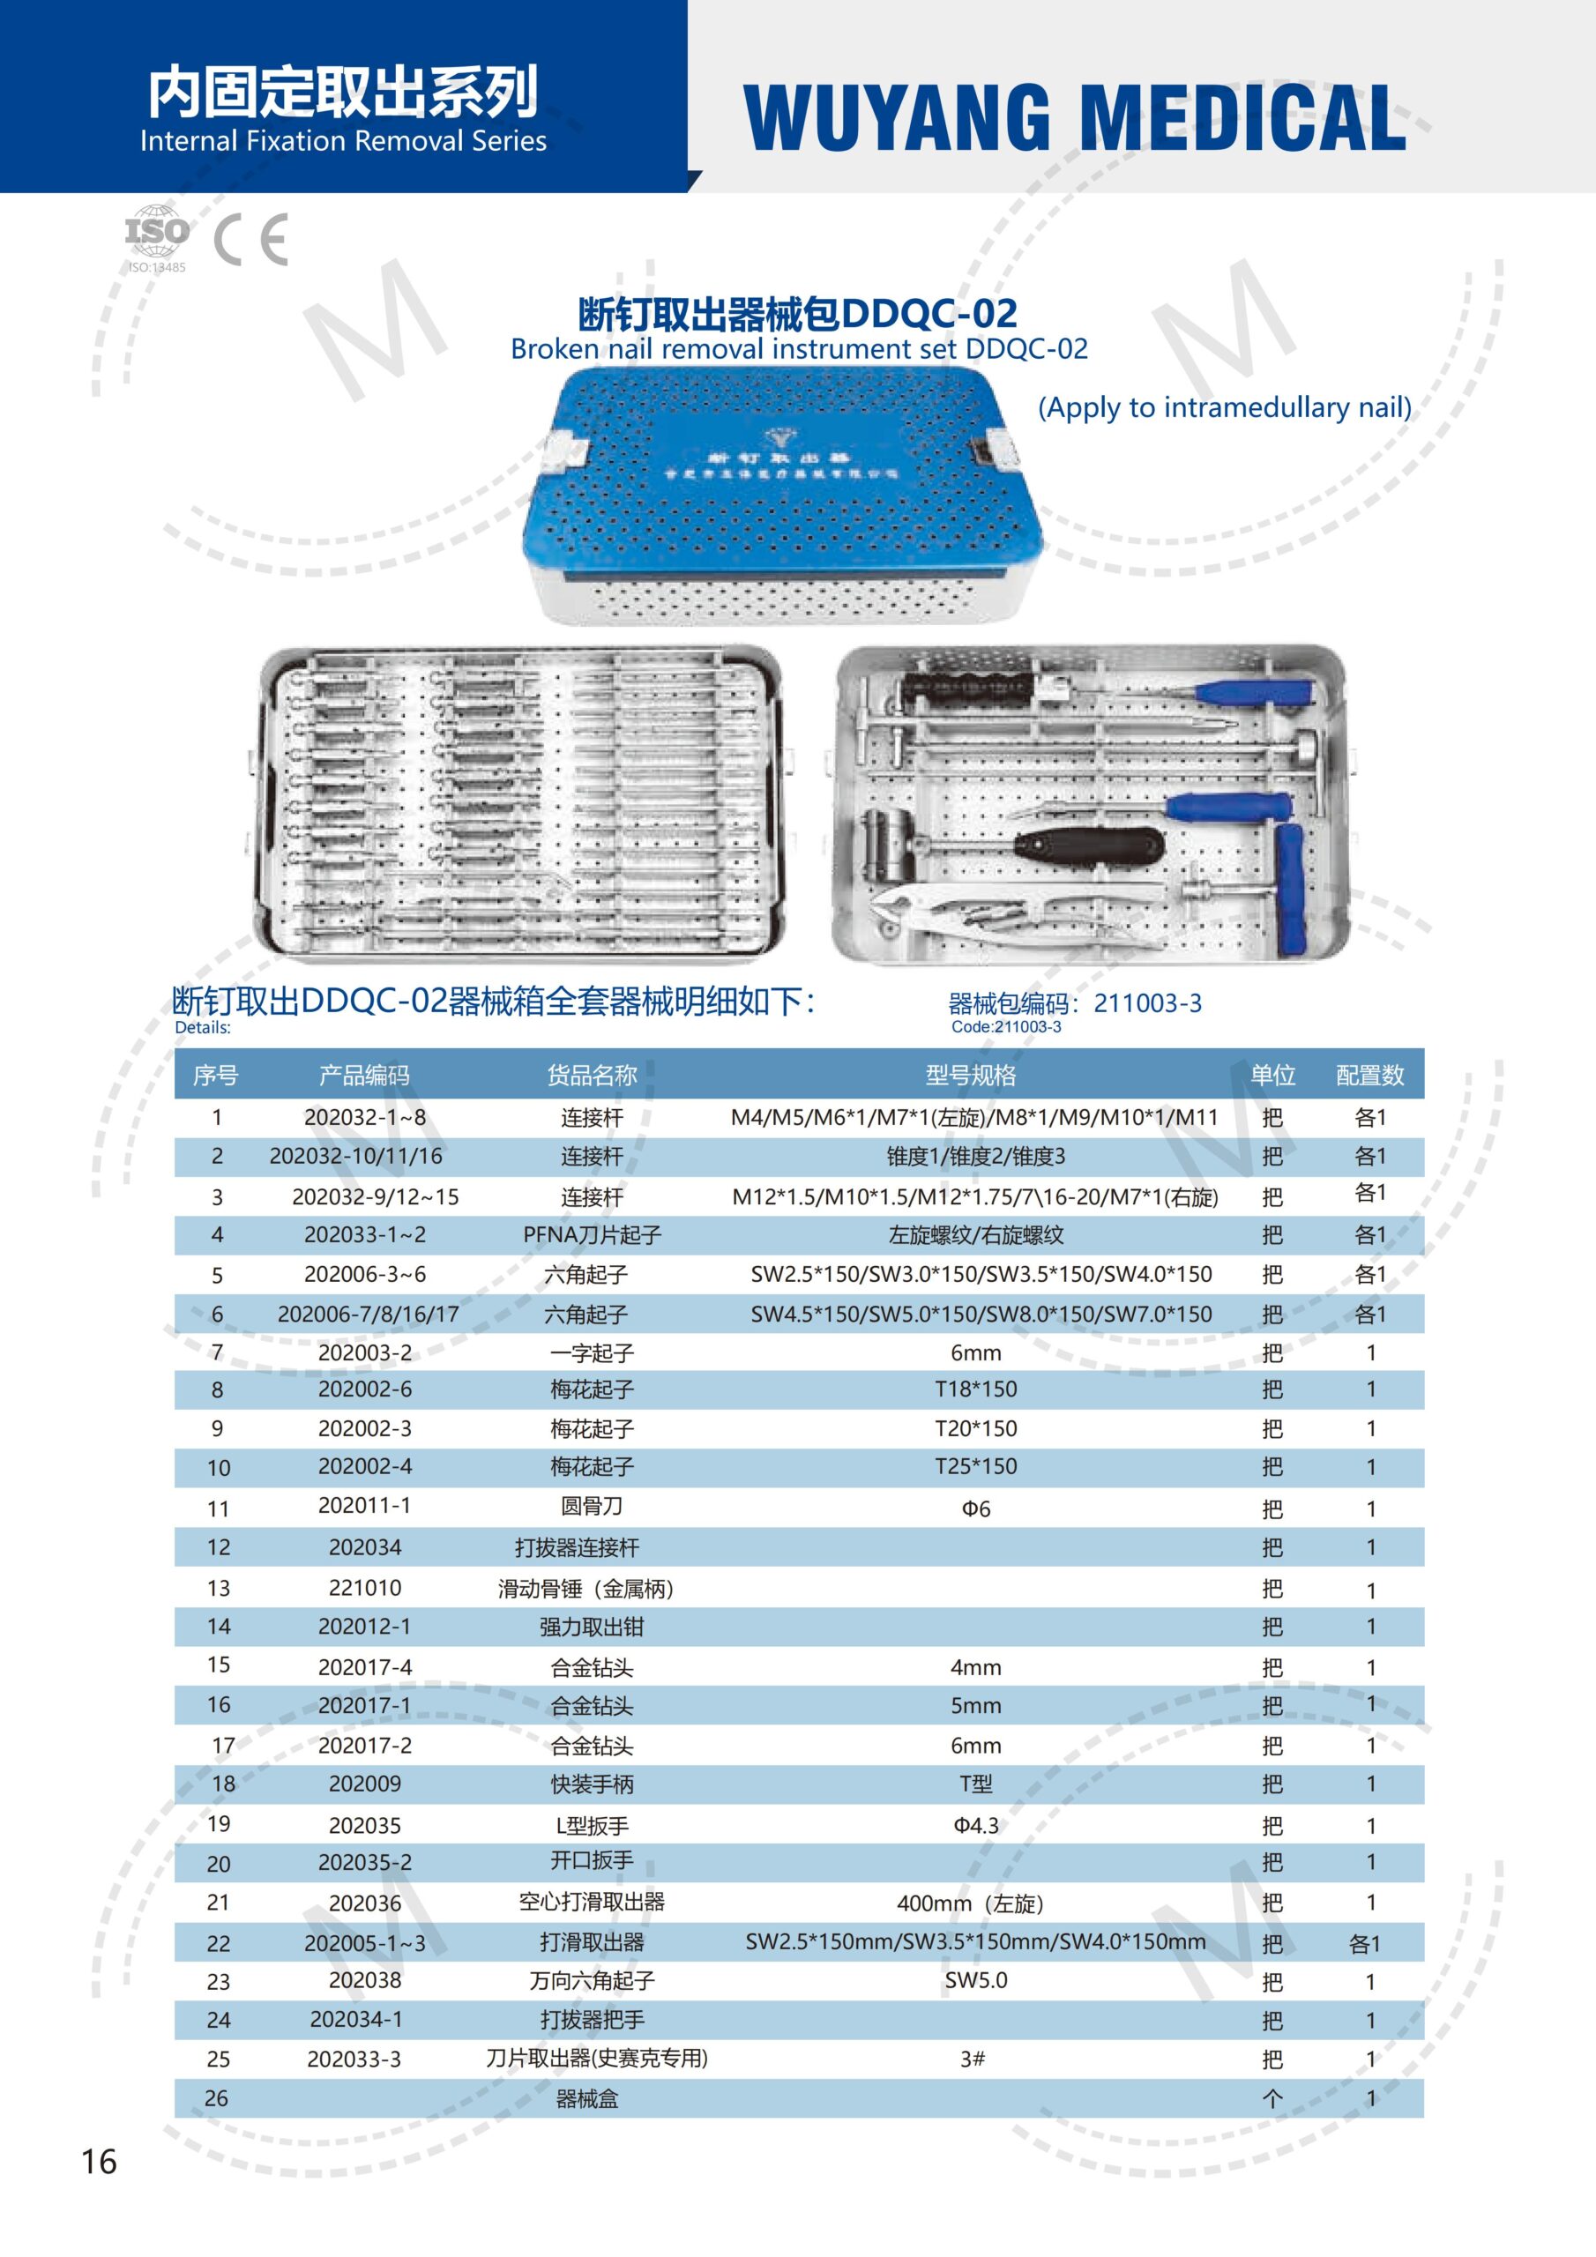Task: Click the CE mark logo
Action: tap(251, 239)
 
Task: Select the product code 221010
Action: tap(365, 1588)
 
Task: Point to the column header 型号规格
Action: tap(971, 1075)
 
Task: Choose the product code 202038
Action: tap(365, 1980)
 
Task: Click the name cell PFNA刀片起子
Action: tap(592, 1234)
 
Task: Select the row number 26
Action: tap(216, 2097)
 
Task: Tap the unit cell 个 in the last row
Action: tap(1272, 2098)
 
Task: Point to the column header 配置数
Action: tap(1369, 1075)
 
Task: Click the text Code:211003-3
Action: tap(1006, 1027)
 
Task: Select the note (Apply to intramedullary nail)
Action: tap(1224, 407)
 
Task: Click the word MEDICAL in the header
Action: tap(1244, 118)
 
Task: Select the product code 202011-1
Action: tap(365, 1505)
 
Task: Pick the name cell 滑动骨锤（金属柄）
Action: tap(586, 1589)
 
